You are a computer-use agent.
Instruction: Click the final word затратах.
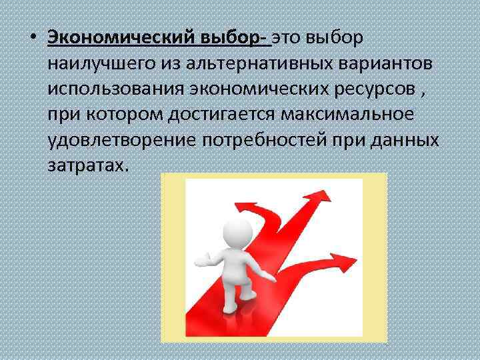tap(86, 165)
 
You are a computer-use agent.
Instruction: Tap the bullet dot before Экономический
tap(32, 38)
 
